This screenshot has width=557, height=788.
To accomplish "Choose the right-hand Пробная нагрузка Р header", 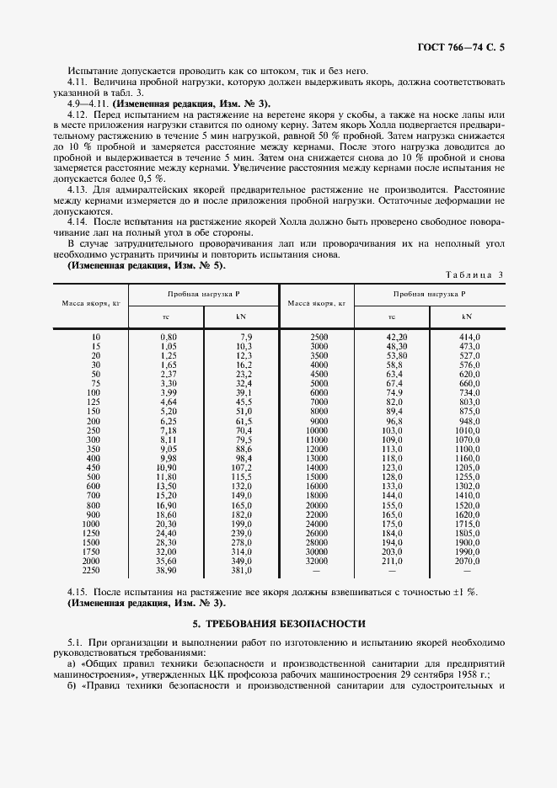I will tap(429, 295).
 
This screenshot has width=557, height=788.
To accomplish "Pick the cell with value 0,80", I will tap(168, 337).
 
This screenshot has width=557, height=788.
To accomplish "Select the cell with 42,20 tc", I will tap(395, 337).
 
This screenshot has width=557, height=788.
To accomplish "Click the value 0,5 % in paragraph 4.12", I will tap(153, 178).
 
